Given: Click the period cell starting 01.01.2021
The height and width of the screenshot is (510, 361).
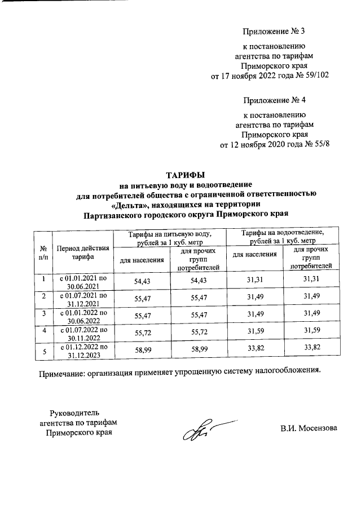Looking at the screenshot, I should (83, 282).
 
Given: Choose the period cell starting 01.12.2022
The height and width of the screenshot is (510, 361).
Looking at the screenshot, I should (83, 351).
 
